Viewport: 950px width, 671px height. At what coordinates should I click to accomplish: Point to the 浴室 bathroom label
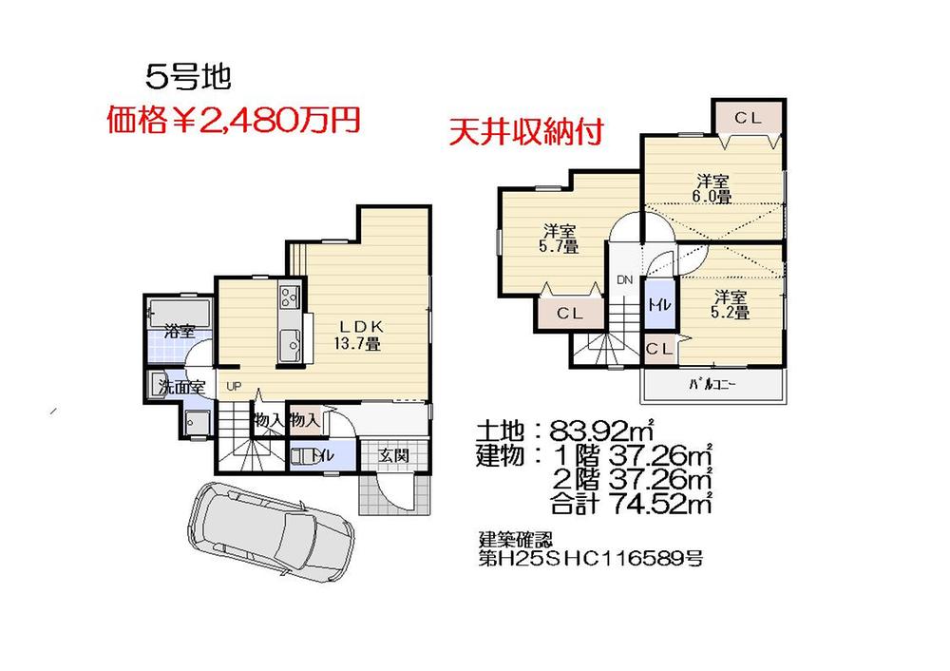(x=180, y=331)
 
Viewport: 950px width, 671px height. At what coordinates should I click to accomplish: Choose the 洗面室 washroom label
(x=181, y=387)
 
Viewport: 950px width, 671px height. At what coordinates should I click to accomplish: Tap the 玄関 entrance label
(x=393, y=455)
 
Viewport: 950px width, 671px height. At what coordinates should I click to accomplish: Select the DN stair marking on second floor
(x=624, y=280)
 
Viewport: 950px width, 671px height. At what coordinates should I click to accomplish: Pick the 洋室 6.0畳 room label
(x=712, y=189)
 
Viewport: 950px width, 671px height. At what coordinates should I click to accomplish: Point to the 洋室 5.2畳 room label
(x=731, y=304)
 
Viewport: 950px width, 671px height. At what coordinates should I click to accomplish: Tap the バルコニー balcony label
(x=712, y=386)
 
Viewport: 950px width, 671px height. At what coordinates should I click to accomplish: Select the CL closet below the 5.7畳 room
(x=569, y=313)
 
